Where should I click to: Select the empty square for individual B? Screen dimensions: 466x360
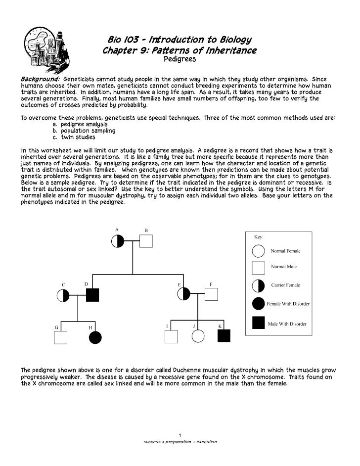click(x=146, y=241)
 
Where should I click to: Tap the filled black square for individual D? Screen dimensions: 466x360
click(x=92, y=295)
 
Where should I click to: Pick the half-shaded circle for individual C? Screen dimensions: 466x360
click(x=64, y=295)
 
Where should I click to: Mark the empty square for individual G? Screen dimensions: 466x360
click(x=60, y=337)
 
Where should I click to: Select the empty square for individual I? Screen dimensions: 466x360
click(x=171, y=337)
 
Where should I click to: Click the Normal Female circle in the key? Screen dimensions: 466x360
click(x=259, y=250)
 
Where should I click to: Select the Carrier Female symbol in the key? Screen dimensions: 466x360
click(x=259, y=286)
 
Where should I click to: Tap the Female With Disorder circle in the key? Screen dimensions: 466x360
click(x=259, y=304)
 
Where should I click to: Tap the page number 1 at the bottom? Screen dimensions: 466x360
click(x=180, y=435)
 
